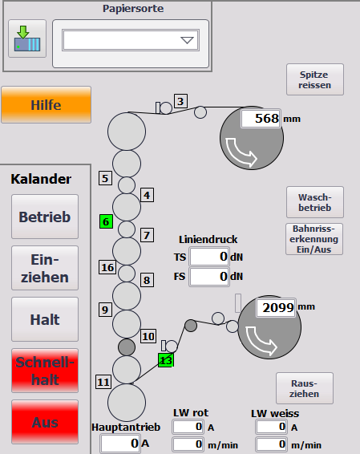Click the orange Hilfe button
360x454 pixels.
click(x=46, y=104)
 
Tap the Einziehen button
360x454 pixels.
click(x=45, y=268)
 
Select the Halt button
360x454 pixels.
click(x=45, y=319)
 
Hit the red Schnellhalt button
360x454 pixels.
click(x=45, y=371)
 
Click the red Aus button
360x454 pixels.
click(x=45, y=422)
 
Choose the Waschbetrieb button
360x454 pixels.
click(x=315, y=202)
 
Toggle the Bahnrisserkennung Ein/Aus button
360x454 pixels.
click(x=314, y=239)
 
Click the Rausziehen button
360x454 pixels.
click(x=305, y=388)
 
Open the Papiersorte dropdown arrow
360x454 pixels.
click(x=187, y=40)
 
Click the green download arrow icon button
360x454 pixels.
click(x=27, y=39)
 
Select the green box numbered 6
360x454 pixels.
click(x=106, y=222)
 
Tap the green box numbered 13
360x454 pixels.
click(x=166, y=360)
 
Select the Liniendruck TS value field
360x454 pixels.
click(x=209, y=257)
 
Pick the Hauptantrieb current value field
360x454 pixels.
click(x=120, y=444)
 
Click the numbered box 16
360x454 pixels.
click(x=107, y=267)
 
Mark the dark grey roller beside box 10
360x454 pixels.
click(x=127, y=347)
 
